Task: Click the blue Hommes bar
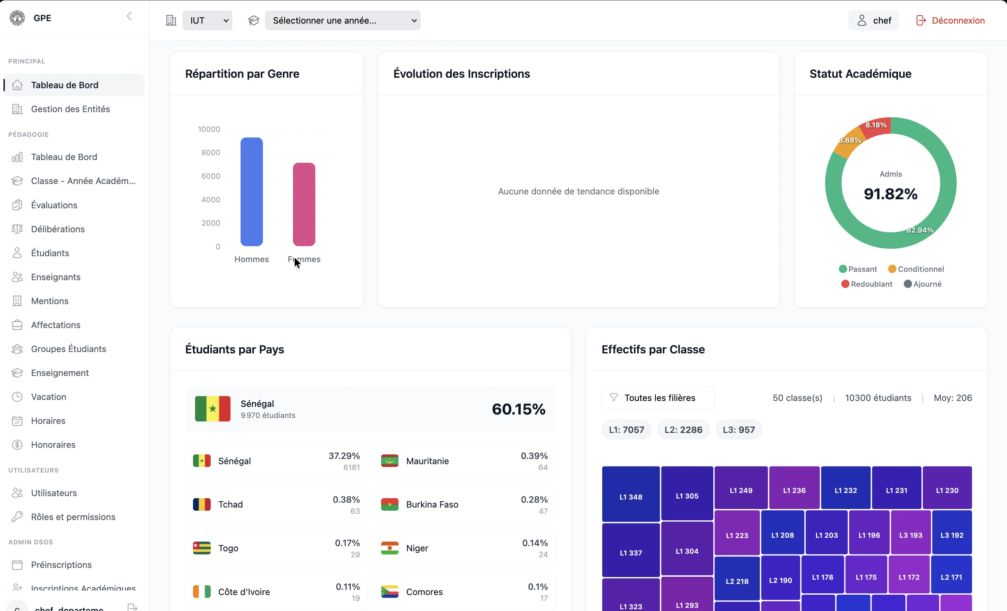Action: tap(251, 192)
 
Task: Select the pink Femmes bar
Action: tap(304, 204)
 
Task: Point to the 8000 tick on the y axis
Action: tap(210, 152)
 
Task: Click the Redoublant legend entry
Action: tap(867, 284)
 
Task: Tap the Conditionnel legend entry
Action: tap(916, 269)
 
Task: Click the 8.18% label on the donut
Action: tap(876, 125)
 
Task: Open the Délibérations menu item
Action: tap(58, 229)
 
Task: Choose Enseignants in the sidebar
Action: tap(56, 277)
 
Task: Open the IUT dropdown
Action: tap(207, 20)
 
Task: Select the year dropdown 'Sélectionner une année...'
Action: tap(343, 20)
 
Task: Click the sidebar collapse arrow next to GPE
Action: tap(129, 16)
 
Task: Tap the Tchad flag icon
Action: tap(202, 504)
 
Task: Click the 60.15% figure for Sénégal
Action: tap(519, 409)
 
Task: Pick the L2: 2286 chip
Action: tap(683, 429)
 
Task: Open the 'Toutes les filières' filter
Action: tap(658, 397)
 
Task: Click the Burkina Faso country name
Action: tap(432, 504)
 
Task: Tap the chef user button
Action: tap(873, 20)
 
